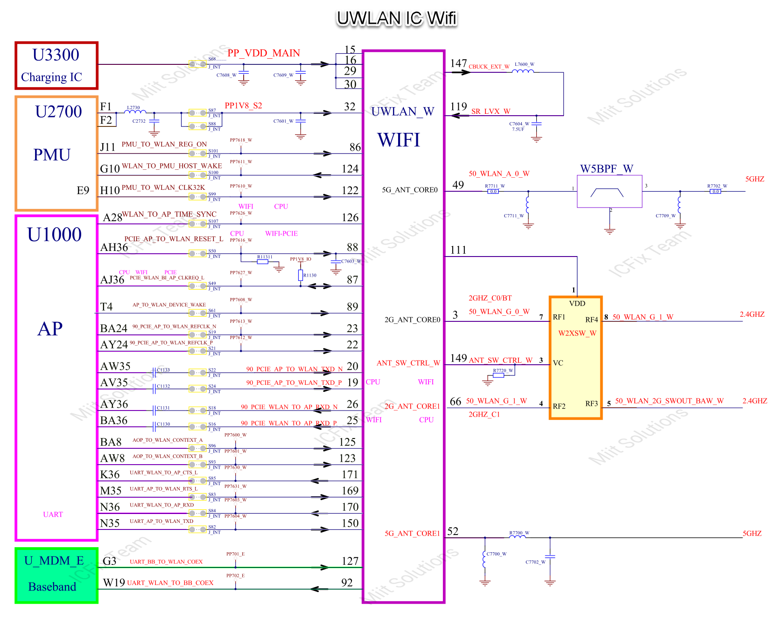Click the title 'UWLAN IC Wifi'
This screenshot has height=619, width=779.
(396, 19)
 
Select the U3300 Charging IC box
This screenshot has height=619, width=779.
(56, 65)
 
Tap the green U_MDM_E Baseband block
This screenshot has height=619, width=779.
(56, 575)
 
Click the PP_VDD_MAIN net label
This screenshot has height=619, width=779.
(264, 53)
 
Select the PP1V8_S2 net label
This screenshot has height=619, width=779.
(243, 106)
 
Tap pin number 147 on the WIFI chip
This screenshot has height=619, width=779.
(458, 63)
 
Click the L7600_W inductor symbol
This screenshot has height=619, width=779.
(523, 71)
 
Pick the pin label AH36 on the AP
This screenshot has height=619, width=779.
(114, 248)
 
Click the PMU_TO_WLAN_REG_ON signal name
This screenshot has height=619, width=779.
(164, 145)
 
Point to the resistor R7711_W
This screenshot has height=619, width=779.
(493, 191)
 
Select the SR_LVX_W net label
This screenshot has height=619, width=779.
(491, 111)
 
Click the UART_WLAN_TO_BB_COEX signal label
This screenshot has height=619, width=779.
(170, 583)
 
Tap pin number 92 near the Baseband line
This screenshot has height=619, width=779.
(347, 583)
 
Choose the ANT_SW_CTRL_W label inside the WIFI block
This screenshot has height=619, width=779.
(408, 363)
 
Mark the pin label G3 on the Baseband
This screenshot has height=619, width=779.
(109, 561)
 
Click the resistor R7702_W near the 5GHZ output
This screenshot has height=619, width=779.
(716, 191)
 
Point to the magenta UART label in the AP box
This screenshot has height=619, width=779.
(53, 515)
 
